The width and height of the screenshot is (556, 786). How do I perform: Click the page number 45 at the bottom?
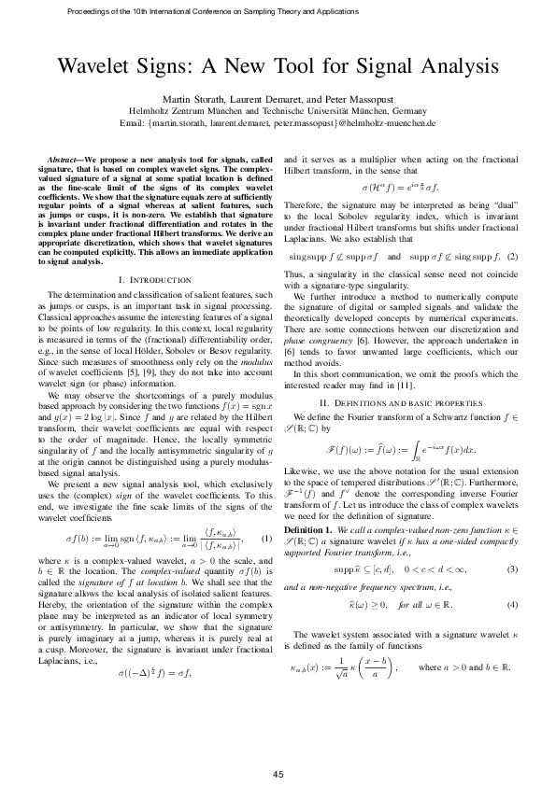click(x=278, y=748)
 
